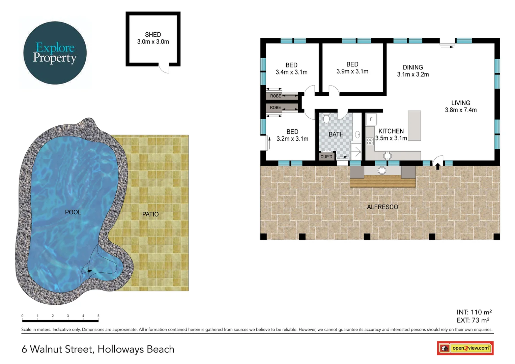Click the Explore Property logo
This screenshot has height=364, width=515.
click(x=55, y=53)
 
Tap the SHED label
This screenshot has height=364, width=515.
click(x=153, y=35)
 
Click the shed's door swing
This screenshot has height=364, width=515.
click(x=164, y=68)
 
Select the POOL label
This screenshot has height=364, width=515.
click(x=73, y=212)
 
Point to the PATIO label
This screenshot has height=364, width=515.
click(x=150, y=214)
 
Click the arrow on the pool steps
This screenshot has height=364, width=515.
click(x=89, y=271)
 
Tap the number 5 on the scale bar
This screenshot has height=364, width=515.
click(x=98, y=316)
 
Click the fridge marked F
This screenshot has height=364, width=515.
click(x=371, y=119)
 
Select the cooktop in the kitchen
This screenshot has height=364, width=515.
click(x=370, y=141)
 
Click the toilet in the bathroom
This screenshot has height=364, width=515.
click(x=326, y=119)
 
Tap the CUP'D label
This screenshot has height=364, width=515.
click(x=326, y=157)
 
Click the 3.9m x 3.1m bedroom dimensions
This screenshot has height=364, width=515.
click(x=352, y=71)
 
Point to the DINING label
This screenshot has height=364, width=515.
click(x=412, y=67)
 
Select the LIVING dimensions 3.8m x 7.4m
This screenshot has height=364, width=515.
click(x=460, y=110)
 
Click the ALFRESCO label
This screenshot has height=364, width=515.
click(x=382, y=207)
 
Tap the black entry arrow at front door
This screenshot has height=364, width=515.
click(x=438, y=166)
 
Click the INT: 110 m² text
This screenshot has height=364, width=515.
click(x=474, y=312)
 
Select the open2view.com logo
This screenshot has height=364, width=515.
click(x=465, y=348)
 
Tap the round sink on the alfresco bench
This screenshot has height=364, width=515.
click(x=382, y=171)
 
